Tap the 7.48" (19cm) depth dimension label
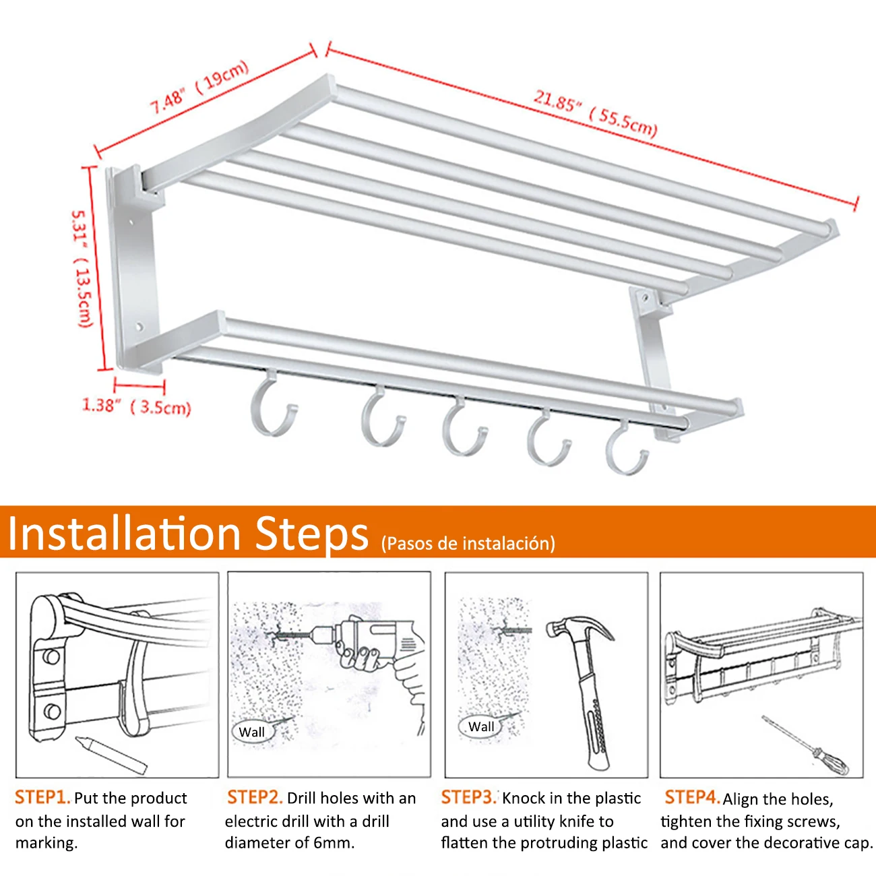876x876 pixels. click(x=199, y=86)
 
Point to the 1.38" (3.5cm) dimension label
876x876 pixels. click(x=136, y=406)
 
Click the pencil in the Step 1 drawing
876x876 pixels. click(x=111, y=755)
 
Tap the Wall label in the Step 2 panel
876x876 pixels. click(x=251, y=732)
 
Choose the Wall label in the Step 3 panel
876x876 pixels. click(x=481, y=726)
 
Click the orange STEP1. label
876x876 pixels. click(x=42, y=797)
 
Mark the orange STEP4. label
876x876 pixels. click(x=692, y=797)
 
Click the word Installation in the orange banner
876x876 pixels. click(x=124, y=533)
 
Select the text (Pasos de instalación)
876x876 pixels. click(x=468, y=543)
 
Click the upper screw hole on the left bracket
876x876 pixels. click(x=132, y=223)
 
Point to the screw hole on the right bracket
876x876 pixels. click(x=645, y=299)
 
